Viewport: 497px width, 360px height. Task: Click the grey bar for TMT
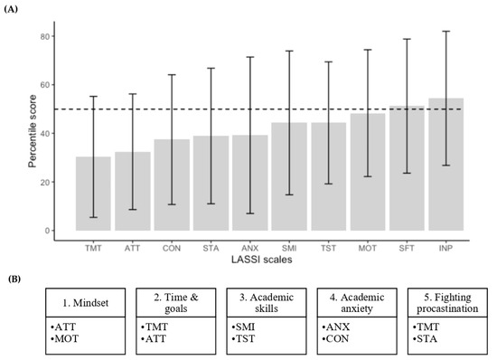(93, 194)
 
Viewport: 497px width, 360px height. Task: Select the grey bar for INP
(446, 164)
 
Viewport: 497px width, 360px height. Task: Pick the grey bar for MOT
(368, 172)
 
